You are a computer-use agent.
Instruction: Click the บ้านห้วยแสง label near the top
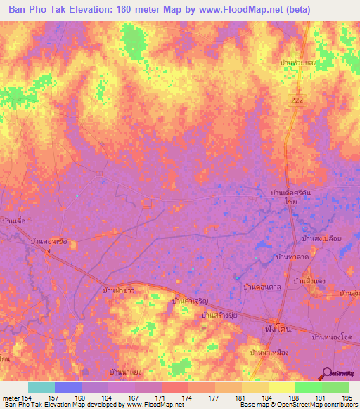pyautogui.click(x=298, y=63)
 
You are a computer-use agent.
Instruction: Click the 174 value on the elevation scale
pyautogui.click(x=187, y=398)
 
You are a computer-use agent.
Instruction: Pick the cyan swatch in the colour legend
pyautogui.click(x=41, y=387)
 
